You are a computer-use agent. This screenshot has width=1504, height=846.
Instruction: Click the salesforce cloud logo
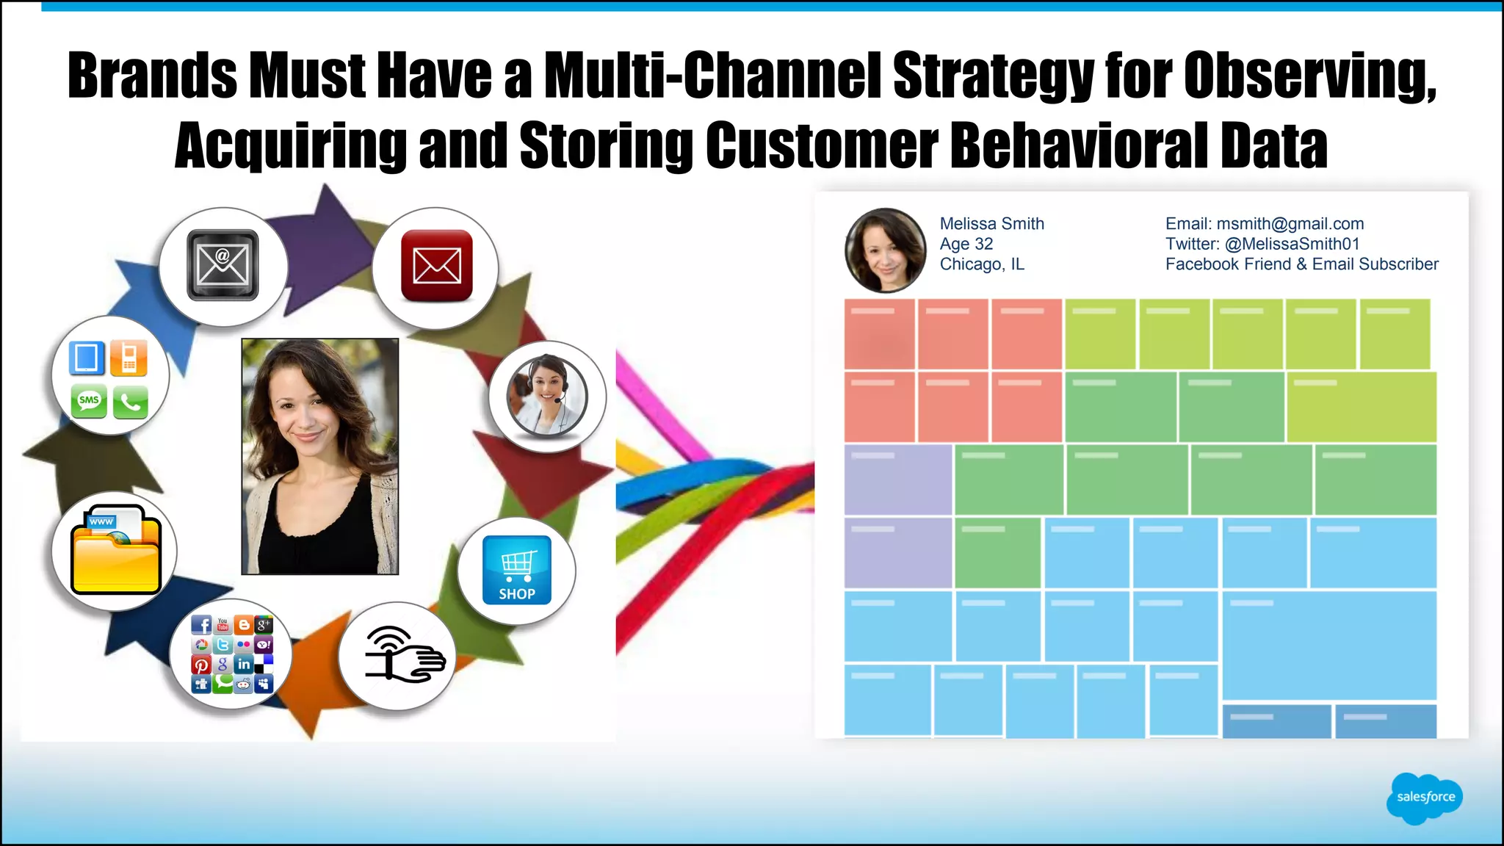click(1424, 798)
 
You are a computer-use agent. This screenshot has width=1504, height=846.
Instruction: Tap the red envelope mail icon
click(437, 265)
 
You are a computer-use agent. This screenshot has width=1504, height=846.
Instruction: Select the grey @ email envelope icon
click(223, 265)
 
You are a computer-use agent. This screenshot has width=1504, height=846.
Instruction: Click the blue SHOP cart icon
click(516, 570)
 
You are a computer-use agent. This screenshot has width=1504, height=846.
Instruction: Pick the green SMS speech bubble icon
click(89, 401)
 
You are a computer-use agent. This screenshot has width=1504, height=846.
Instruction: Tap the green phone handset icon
click(131, 402)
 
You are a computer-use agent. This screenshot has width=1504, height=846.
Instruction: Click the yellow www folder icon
click(115, 550)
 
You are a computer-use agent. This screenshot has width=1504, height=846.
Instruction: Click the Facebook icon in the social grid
click(202, 625)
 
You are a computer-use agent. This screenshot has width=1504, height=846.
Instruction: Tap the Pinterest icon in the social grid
click(201, 665)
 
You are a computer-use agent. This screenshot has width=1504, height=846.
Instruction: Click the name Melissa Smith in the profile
click(991, 224)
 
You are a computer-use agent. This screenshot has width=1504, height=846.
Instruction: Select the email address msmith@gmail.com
click(1290, 224)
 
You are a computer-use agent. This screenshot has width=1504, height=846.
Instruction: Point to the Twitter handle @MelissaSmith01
click(1292, 244)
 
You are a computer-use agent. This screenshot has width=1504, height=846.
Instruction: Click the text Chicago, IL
click(982, 264)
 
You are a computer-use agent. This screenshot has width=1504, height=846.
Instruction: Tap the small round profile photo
click(885, 250)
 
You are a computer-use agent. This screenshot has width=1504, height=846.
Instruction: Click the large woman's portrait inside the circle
click(320, 456)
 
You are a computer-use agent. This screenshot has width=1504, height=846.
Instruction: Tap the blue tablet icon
click(87, 358)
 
